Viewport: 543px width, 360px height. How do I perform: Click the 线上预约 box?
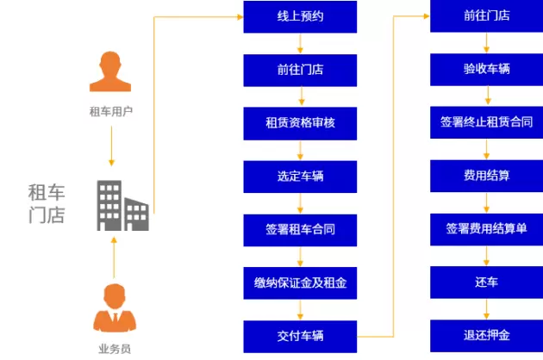coord(300,16)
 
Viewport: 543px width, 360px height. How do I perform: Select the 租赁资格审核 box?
coord(300,123)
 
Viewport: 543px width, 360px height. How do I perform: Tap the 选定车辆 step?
coord(300,177)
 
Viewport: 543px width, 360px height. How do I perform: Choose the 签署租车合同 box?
coord(300,229)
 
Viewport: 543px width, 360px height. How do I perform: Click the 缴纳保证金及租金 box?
coord(300,282)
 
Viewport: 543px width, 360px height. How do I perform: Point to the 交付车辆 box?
coord(300,335)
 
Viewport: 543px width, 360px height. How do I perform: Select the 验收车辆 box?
coord(486,68)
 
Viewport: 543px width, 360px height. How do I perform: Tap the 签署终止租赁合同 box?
coord(486,122)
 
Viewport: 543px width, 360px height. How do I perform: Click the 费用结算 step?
coord(486,176)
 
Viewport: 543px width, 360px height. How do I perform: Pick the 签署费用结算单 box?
coord(486,229)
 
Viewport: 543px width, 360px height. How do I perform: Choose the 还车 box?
coord(486,282)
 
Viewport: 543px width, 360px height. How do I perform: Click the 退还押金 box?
coord(486,335)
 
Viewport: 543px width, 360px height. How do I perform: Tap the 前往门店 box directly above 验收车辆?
coord(486,16)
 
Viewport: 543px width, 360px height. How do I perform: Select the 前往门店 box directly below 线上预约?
coord(300,69)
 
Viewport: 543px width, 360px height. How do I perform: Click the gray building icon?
coord(121,205)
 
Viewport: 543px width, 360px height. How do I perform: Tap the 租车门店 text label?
coord(47,204)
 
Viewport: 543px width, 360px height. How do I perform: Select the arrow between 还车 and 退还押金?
coord(487,308)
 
